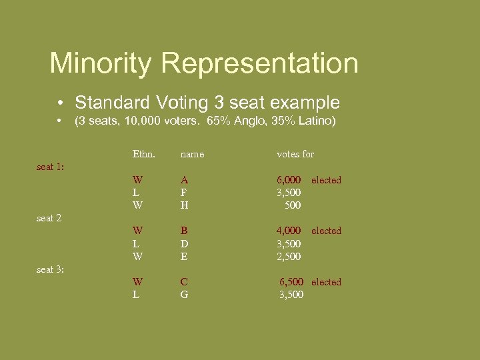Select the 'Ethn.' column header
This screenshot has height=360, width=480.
click(x=143, y=154)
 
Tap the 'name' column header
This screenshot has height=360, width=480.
click(x=192, y=155)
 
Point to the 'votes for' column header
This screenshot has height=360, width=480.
click(x=295, y=154)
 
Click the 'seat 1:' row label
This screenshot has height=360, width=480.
click(x=50, y=167)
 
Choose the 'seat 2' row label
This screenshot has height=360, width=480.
click(x=49, y=218)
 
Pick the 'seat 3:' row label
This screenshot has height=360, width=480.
click(x=50, y=269)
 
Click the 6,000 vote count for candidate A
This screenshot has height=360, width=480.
click(x=289, y=180)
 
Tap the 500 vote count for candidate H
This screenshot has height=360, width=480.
click(x=293, y=205)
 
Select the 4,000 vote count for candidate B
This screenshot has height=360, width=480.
click(x=289, y=231)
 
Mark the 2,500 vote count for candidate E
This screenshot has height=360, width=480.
click(x=289, y=257)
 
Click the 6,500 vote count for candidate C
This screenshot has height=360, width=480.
click(x=292, y=282)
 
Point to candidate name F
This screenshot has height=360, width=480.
click(x=183, y=193)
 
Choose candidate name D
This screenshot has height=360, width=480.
click(x=184, y=244)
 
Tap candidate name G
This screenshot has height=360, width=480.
click(x=184, y=295)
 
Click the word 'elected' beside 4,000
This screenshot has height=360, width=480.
click(x=326, y=231)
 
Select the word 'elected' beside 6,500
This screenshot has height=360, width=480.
click(x=326, y=282)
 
